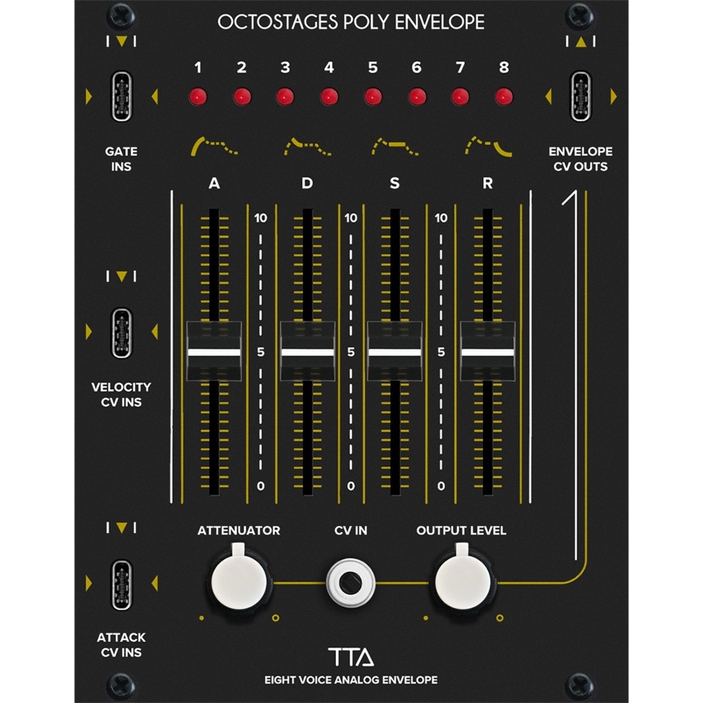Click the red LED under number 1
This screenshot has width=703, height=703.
coord(198,97)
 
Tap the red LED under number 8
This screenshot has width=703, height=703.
coord(504,97)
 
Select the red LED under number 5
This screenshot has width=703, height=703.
coord(373,97)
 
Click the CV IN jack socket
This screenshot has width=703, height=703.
coord(350,583)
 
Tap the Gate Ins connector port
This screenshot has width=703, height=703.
coord(121,96)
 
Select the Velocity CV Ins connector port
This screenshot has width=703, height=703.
coord(121,333)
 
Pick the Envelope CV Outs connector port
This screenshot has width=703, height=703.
coord(581,96)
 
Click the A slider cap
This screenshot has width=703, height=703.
coord(214,351)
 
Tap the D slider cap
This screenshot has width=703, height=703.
coord(308,351)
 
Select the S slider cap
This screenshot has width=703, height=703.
coord(395,351)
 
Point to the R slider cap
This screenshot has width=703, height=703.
coord(488,351)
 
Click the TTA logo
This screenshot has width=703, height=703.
coord(350,657)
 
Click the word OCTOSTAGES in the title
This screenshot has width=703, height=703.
coord(278,22)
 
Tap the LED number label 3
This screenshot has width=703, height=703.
coord(285,67)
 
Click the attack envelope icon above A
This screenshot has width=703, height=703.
coord(214,146)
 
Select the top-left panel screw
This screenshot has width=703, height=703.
coord(121,16)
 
